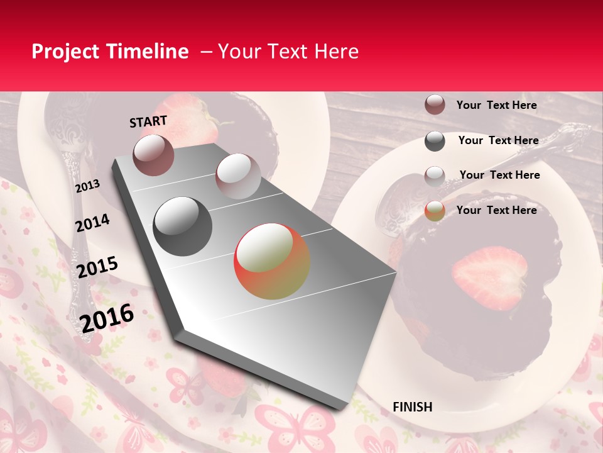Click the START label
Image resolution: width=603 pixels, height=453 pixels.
[148, 121]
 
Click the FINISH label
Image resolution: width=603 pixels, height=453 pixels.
[412, 407]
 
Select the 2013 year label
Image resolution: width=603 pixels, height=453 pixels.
[87, 186]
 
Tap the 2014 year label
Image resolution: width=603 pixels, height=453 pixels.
[92, 223]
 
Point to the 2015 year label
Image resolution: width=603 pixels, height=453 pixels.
[97, 267]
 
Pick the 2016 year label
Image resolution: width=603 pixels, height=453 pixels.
[107, 318]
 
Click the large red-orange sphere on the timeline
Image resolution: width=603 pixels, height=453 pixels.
[272, 261]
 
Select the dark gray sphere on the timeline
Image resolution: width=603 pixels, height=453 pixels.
[183, 226]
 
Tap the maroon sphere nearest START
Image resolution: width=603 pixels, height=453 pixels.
[153, 155]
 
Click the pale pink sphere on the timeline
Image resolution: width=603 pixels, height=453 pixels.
[238, 176]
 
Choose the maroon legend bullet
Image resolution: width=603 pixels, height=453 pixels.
[435, 105]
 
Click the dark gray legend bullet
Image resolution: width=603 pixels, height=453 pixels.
[435, 141]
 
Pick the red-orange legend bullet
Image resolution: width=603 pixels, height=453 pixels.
[435, 211]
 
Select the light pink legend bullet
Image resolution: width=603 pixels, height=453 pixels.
[435, 176]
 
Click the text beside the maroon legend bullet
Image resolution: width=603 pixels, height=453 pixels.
[496, 105]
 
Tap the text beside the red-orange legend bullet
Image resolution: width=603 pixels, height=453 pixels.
[496, 210]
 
